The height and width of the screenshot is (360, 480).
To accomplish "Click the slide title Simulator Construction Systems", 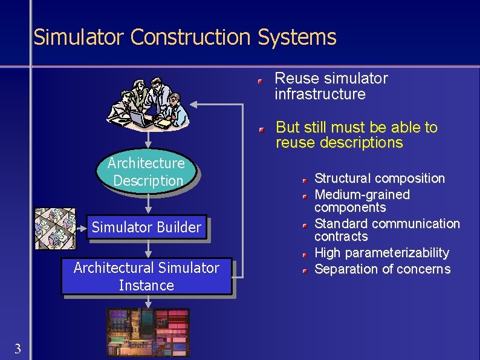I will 184,38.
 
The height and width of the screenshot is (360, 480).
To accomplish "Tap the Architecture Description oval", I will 146,172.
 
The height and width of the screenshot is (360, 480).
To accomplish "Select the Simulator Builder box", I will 146,228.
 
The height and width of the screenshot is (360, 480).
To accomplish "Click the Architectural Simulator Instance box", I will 146,277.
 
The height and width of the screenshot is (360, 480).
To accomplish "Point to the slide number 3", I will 18,348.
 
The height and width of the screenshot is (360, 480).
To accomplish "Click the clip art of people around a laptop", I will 149,103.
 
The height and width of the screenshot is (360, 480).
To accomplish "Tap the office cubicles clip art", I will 55,229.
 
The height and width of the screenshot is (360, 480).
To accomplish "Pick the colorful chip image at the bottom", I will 148,332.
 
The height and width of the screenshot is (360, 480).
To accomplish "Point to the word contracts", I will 341,237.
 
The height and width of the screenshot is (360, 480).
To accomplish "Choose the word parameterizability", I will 395,253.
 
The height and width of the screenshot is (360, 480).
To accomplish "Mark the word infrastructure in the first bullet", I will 320,94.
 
